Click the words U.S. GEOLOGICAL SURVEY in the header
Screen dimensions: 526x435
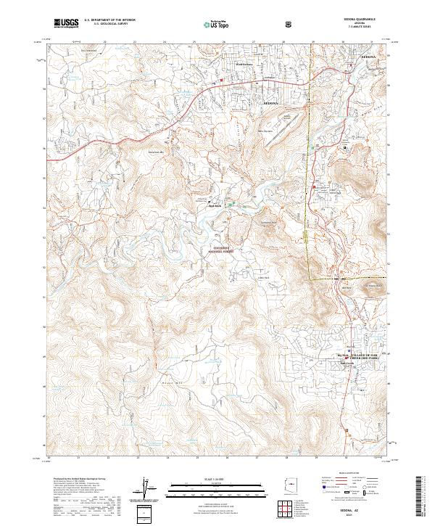pos(109,24)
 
